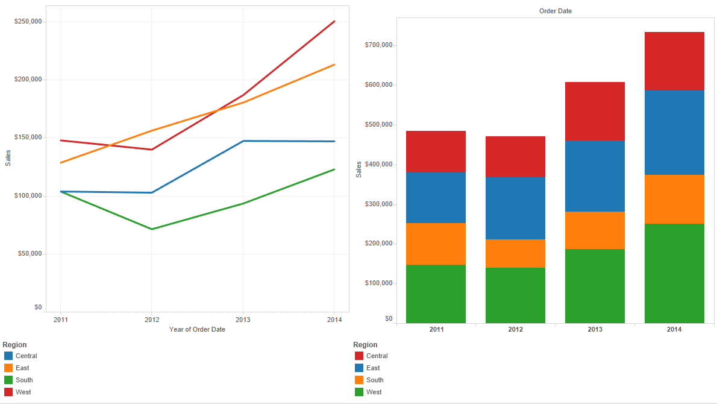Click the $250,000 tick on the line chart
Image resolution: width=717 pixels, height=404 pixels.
[x=28, y=22]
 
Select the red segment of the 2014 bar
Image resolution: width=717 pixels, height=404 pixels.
[x=674, y=61]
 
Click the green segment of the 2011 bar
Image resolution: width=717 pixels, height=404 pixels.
[x=436, y=294]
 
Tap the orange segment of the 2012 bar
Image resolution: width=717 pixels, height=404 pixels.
[x=515, y=253]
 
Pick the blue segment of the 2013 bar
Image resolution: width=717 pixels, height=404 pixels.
[x=595, y=176]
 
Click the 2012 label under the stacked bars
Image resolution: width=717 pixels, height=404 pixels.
[x=515, y=330]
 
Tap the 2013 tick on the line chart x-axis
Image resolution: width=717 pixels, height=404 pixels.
[x=243, y=320]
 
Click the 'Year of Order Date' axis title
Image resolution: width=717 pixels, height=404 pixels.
[x=197, y=329]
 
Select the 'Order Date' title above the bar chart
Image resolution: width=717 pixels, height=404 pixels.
[x=556, y=11]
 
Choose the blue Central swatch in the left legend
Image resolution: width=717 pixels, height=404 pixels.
[x=8, y=356]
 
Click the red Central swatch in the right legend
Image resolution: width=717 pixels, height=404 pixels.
[x=359, y=356]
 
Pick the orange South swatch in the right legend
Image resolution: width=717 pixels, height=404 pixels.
[x=359, y=380]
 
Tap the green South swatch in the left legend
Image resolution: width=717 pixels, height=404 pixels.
[x=8, y=380]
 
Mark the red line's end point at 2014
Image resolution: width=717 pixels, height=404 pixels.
[x=334, y=22]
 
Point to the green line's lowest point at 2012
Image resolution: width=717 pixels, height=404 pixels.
[x=152, y=229]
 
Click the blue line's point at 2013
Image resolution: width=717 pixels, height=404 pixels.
[x=243, y=141]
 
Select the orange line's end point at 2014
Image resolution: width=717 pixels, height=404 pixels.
[x=334, y=65]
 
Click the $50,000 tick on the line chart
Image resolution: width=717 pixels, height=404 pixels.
[x=30, y=254]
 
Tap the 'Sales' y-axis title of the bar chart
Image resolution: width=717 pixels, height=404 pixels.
[x=358, y=169]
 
